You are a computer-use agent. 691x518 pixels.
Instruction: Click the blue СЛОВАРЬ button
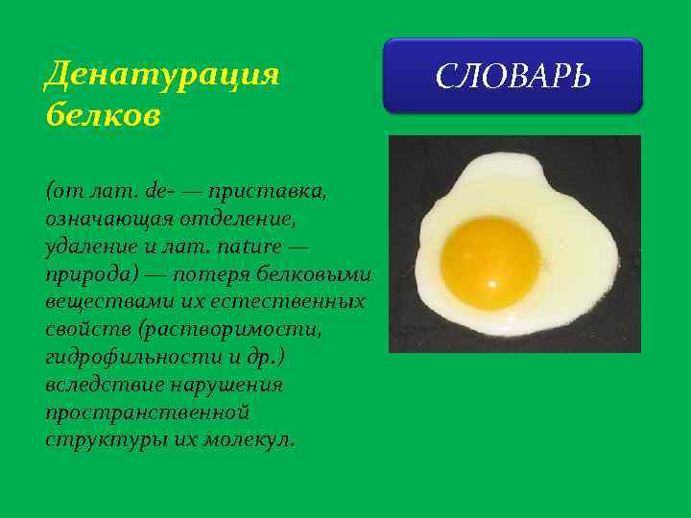pos(512,76)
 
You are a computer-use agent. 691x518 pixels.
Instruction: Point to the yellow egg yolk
pos(489,262)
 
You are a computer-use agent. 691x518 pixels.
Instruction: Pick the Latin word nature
pos(254,247)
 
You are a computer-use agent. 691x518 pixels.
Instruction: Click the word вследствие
pos(102,385)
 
